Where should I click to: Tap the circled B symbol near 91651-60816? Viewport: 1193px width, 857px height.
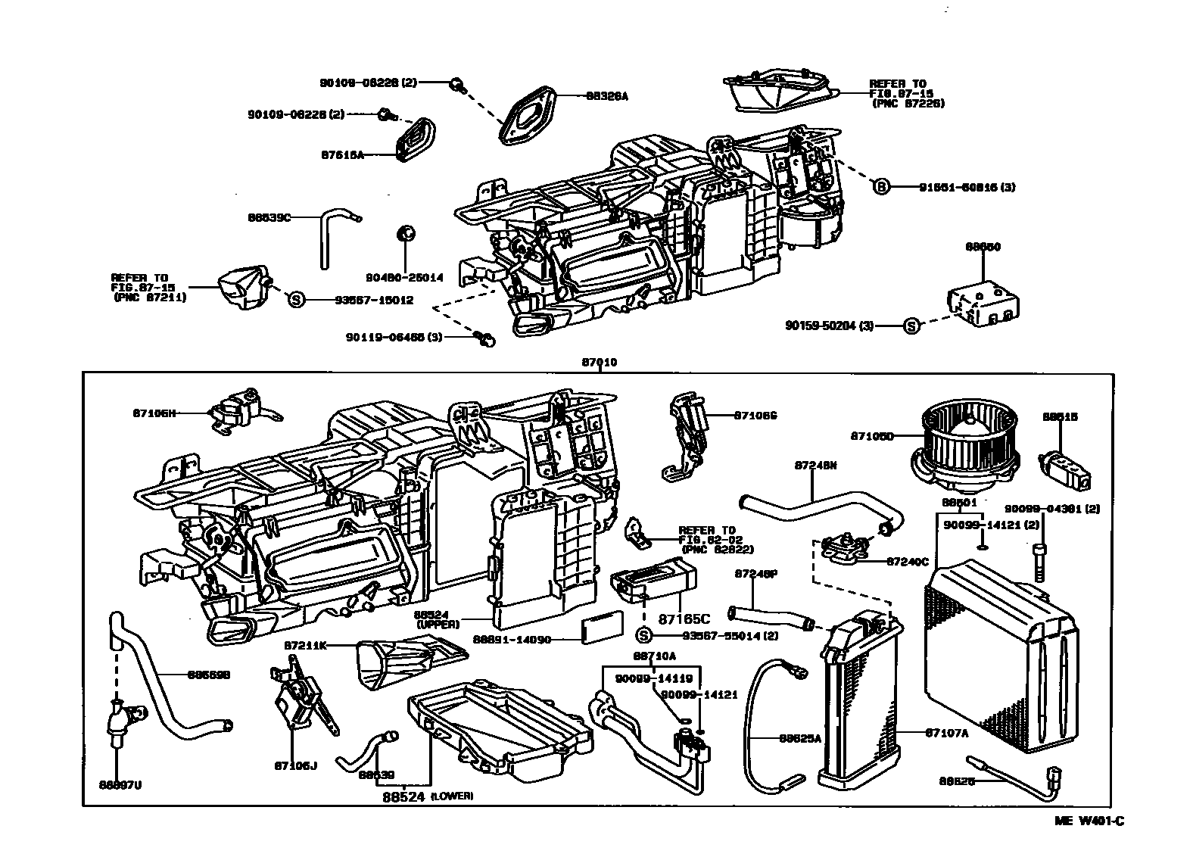tap(881, 186)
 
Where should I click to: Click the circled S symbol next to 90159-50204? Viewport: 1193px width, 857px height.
tap(911, 326)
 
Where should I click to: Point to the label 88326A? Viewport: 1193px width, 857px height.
tap(607, 96)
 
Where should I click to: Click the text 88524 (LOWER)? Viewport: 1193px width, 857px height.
tap(428, 796)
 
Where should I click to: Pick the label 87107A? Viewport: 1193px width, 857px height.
tap(946, 732)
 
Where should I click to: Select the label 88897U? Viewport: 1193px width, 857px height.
tap(120, 784)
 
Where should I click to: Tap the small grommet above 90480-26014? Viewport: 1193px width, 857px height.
tap(405, 232)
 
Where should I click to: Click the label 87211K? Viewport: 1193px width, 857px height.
tap(306, 645)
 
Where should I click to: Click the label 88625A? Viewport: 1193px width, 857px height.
tap(800, 737)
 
